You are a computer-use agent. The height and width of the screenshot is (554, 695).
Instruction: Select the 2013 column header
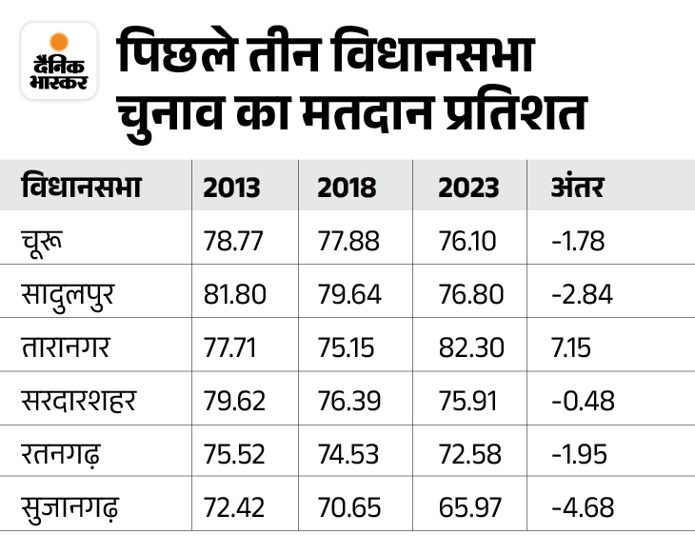click(x=231, y=187)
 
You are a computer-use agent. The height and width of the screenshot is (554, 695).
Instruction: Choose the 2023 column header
click(x=468, y=187)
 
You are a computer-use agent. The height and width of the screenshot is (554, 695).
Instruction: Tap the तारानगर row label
click(x=69, y=347)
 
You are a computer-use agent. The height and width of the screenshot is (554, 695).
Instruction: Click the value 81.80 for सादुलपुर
click(x=233, y=294)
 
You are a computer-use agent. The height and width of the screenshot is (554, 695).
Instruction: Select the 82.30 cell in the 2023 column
click(x=470, y=347)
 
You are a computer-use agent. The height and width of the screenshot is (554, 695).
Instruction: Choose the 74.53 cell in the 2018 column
click(x=349, y=454)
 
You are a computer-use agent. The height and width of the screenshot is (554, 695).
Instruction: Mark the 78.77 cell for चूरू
click(x=232, y=241)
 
